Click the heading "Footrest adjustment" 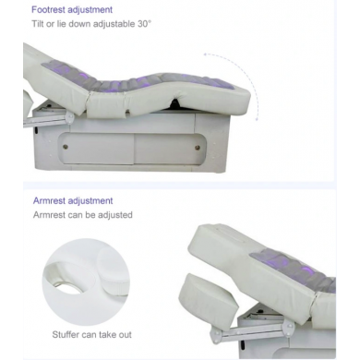72,10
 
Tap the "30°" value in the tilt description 144,24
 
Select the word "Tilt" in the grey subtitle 38,24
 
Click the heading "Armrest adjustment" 73,201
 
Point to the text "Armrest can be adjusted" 83,215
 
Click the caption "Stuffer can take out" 91,334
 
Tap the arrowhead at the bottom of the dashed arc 257,119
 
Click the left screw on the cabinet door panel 66,147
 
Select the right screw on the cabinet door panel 198,148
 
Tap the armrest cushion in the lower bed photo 209,298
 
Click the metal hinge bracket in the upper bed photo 70,118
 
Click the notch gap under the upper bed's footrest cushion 174,102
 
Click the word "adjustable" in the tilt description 114,24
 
